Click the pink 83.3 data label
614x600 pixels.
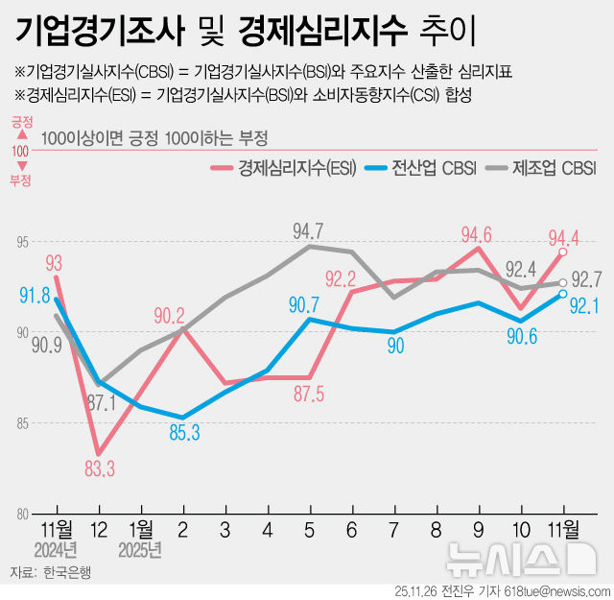coord(100,468)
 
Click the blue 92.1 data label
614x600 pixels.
coord(583,306)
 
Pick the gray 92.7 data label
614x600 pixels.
coord(586,280)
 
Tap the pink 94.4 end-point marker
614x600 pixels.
coord(563,252)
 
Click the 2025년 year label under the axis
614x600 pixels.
coord(139,550)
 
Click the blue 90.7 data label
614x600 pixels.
coord(305,304)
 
